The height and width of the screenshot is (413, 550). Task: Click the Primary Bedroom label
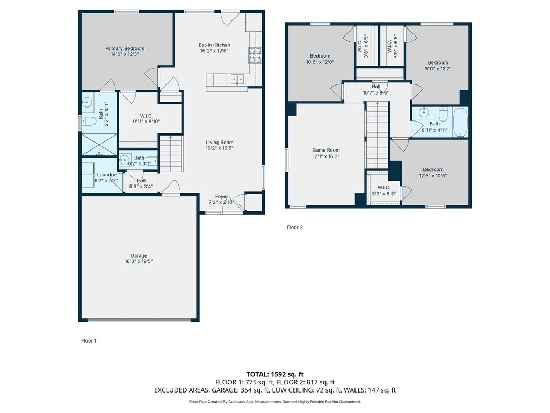click(125, 48)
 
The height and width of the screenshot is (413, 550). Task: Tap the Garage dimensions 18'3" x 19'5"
click(139, 261)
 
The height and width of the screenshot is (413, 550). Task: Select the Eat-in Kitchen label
click(214, 45)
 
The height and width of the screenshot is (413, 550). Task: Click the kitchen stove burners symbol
click(255, 55)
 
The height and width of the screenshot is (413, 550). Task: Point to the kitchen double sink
click(237, 79)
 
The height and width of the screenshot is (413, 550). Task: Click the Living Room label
click(220, 143)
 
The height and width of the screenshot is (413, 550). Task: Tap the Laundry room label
click(106, 175)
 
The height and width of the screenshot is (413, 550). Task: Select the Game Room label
click(326, 150)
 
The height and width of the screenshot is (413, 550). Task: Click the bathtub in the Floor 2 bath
click(460, 122)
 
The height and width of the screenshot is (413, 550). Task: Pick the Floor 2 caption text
click(295, 227)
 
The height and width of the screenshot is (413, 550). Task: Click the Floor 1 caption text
click(89, 340)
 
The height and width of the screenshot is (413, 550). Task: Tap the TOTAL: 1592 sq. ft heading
click(274, 374)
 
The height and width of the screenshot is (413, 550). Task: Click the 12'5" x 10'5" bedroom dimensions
click(433, 176)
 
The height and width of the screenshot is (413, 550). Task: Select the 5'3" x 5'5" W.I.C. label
click(384, 190)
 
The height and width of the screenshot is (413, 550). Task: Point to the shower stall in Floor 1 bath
click(99, 145)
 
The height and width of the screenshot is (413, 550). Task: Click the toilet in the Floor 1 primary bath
click(89, 122)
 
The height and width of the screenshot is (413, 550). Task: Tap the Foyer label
click(221, 197)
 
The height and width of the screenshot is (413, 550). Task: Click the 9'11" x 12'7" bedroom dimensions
click(438, 69)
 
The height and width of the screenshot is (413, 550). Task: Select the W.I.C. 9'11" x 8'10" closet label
click(146, 119)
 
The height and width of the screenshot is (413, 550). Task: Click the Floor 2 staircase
click(378, 135)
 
